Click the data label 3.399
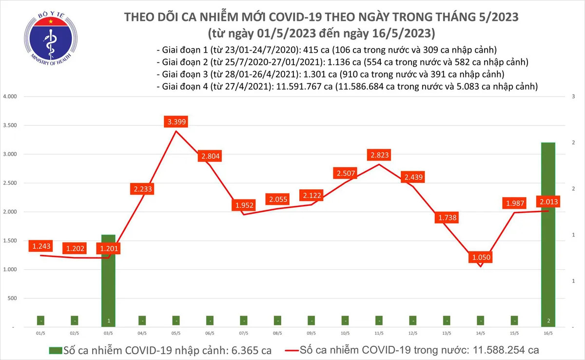click(176, 122)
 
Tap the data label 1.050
click(480, 257)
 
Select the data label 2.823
click(379, 155)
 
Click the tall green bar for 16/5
click(548, 234)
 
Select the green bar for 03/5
click(108, 280)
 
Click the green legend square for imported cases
click(55, 350)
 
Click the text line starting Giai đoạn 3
click(330, 75)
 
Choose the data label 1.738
click(447, 218)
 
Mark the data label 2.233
click(142, 190)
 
